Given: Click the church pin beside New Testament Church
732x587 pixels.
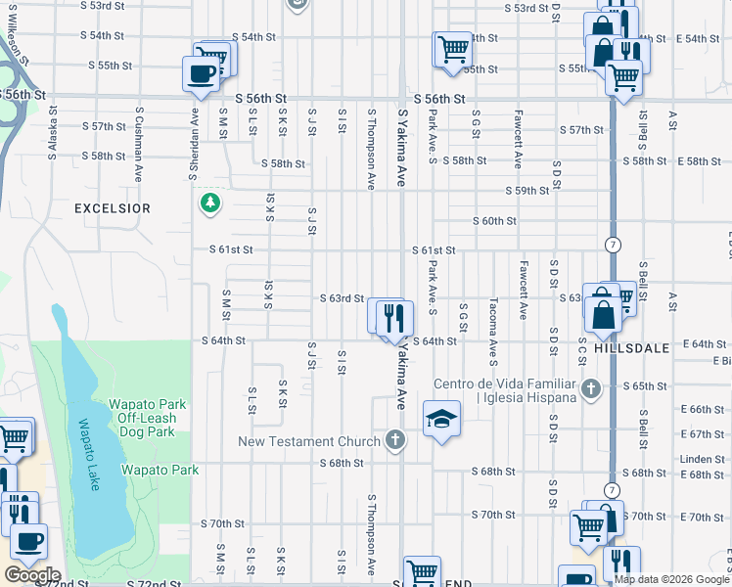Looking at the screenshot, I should click(395, 440).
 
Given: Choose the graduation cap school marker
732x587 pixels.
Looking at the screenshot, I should click(441, 419).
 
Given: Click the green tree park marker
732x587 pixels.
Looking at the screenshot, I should click(209, 203).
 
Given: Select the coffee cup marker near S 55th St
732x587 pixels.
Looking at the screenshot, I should click(202, 73).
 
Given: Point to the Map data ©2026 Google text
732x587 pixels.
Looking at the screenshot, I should click(670, 579).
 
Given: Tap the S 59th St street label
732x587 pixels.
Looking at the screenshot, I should click(526, 190).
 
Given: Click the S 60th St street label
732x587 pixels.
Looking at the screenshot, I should click(494, 221).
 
